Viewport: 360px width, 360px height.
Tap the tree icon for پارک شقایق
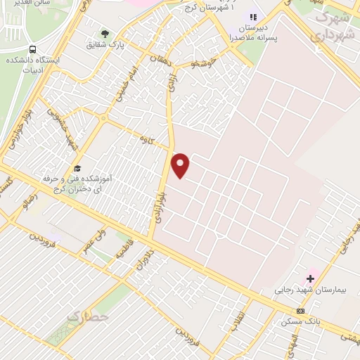click(105, 33)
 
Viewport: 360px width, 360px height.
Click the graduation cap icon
click(77, 168)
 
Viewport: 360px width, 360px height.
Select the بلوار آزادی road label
click(160, 205)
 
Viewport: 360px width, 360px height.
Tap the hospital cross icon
click(310, 278)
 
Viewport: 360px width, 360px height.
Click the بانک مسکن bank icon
click(300, 311)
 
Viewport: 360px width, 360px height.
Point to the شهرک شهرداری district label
click(336, 25)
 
